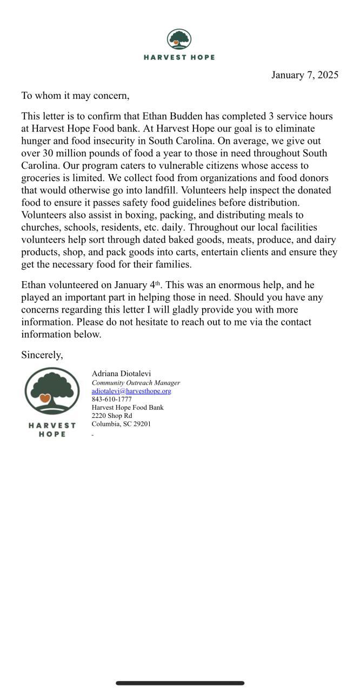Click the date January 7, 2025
click(x=304, y=75)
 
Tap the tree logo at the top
click(x=179, y=39)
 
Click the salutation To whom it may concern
click(x=75, y=96)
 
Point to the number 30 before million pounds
click(x=48, y=154)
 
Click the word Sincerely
click(x=42, y=355)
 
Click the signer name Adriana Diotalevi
click(x=121, y=374)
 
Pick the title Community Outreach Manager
click(x=136, y=383)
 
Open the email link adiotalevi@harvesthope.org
click(x=131, y=391)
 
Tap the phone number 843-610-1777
click(x=111, y=400)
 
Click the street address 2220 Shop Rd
click(x=111, y=416)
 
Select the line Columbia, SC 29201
click(x=121, y=424)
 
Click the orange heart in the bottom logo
click(x=45, y=398)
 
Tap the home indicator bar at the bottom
click(x=180, y=683)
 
